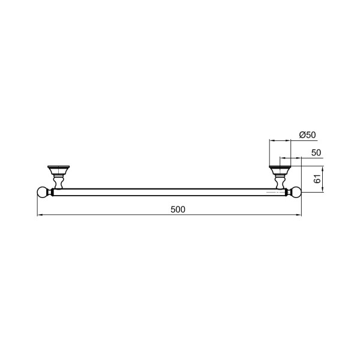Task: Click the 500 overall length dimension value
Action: coord(178,209)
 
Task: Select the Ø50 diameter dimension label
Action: coord(307,135)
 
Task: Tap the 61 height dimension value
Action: coord(317,179)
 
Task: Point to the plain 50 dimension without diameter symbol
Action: coord(316,152)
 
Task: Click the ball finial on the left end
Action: coord(42,192)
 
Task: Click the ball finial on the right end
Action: coord(296,192)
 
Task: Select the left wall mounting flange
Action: coord(59,169)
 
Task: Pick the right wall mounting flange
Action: coord(280,169)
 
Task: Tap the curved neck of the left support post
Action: coord(58,182)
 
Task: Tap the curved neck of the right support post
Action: coord(280,182)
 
